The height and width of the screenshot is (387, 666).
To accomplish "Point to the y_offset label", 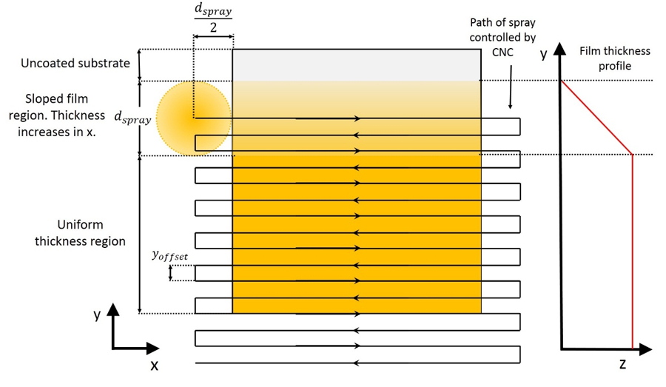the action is point(169,256).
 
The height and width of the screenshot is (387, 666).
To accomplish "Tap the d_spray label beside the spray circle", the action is point(132,117).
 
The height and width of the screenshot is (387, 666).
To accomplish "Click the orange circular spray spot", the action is point(194,118).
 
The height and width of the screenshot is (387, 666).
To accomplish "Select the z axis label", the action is point(622,363).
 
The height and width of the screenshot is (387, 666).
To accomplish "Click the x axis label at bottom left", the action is point(154,365).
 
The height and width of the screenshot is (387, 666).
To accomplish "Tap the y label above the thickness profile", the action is point(543,54).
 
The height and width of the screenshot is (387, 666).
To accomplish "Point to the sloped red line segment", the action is point(596,117).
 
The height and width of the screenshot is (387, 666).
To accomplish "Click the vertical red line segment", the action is point(633,252).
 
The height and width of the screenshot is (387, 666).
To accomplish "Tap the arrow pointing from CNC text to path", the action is point(511,92).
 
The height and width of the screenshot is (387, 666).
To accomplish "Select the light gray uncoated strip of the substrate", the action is point(357,65).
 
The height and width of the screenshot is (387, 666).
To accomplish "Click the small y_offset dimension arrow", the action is point(171,273).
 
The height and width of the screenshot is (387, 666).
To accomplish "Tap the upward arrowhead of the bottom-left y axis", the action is point(113,309).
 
